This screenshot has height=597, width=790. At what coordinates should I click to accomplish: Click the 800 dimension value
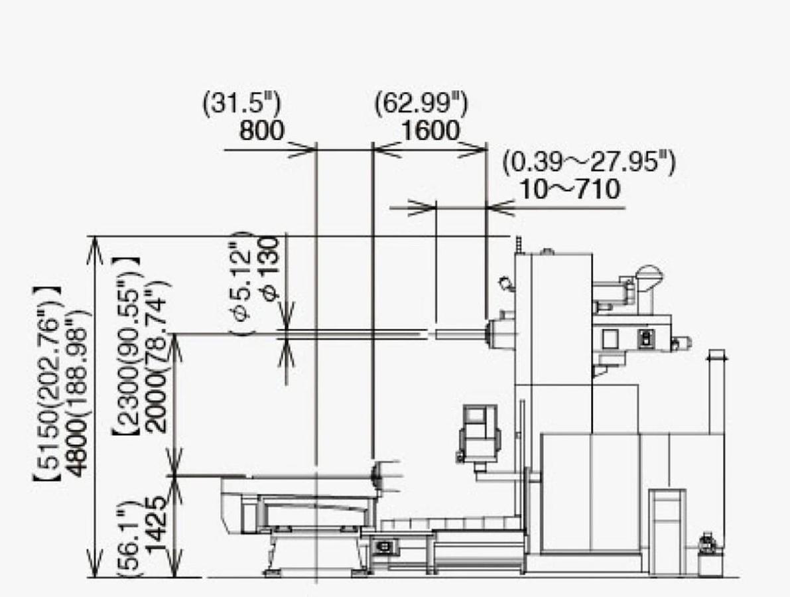[261, 131]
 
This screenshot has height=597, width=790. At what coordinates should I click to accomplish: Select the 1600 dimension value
[430, 131]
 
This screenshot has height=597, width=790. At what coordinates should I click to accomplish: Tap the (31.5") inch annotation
[242, 103]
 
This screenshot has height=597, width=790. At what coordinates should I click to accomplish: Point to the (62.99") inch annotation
[421, 103]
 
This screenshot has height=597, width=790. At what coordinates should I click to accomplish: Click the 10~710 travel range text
[569, 190]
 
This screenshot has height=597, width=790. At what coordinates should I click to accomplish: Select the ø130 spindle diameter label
[271, 269]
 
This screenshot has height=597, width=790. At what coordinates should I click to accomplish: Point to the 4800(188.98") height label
[80, 393]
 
